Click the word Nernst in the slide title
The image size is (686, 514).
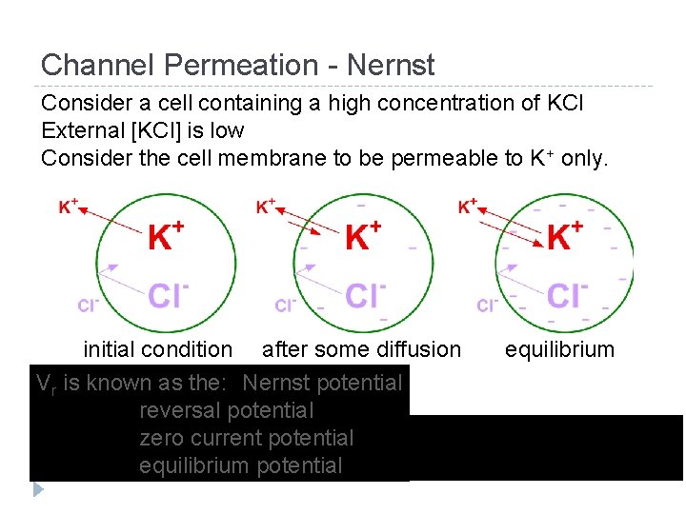pos(392,66)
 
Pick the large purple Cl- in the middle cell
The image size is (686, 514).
pos(366,295)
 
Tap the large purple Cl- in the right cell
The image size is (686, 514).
pos(568,295)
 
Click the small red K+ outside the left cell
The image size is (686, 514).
pos(69,206)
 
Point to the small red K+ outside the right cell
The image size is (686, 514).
pos(469,206)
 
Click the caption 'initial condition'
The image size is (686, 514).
pos(157,349)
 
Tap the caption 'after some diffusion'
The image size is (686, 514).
pos(361,349)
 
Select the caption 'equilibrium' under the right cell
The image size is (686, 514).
pos(559,349)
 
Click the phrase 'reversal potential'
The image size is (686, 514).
pos(226,410)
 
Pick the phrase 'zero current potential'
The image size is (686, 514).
pos(246,438)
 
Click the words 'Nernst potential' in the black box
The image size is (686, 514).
pos(322,383)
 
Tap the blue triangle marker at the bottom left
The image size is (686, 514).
pos(38,489)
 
